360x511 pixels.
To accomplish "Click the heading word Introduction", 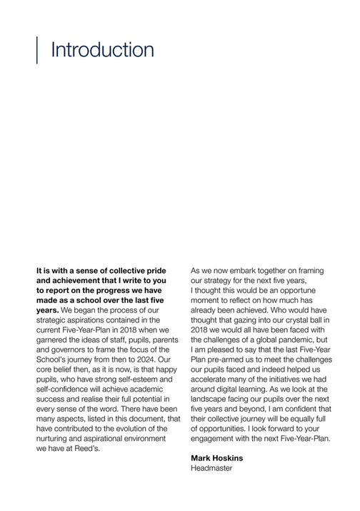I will click(102, 50).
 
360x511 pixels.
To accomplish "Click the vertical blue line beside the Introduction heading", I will click(36, 49).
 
